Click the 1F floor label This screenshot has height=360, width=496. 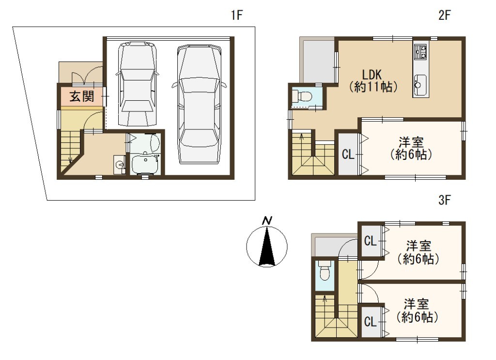236,15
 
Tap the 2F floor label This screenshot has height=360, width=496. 445,15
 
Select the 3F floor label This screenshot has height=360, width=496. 445,200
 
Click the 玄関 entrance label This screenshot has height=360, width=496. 82,96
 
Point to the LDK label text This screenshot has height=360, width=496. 372,75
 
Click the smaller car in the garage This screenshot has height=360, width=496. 138,84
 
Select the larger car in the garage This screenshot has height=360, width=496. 199,104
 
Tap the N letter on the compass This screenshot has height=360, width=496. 267,220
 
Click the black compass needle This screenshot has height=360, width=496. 267,247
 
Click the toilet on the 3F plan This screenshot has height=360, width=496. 325,270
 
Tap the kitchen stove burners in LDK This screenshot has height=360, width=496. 420,51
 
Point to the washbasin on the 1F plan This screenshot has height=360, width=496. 120,165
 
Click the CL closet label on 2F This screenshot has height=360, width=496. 348,155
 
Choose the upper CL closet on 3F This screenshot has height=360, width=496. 371,241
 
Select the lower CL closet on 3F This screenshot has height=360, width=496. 371,322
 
